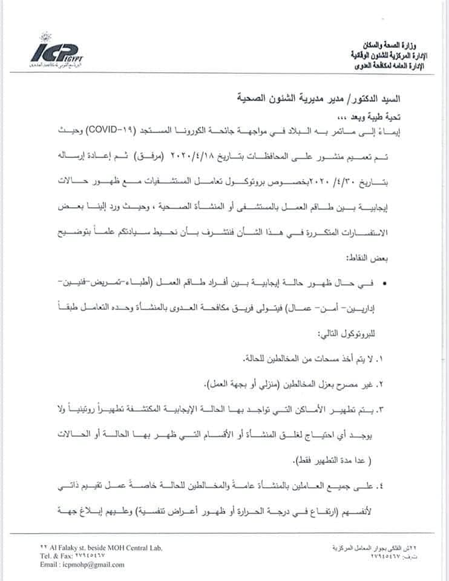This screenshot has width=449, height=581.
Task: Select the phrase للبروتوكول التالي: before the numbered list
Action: pyautogui.click(x=375, y=333)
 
